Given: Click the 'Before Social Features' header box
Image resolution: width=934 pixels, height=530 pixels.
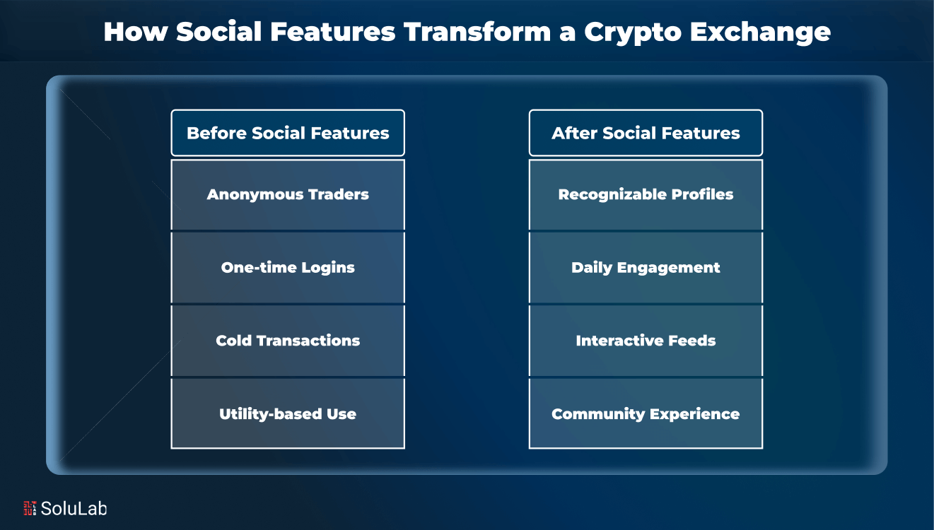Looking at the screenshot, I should pos(288,133).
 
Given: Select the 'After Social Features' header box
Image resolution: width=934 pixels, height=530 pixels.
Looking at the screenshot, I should pos(646,133).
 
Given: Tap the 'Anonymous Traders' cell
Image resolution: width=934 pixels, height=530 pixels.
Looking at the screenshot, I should pos(288,194).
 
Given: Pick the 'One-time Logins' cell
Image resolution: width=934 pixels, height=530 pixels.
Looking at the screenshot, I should pos(288,268).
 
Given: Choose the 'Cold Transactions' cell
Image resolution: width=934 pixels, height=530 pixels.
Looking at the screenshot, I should pos(288,341).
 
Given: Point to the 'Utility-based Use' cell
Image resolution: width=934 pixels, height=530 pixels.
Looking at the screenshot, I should pos(288,414).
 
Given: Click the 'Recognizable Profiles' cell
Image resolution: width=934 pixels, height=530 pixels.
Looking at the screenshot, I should pos(646,194).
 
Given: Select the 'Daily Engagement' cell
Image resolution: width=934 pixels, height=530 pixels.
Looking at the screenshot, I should pos(646,268).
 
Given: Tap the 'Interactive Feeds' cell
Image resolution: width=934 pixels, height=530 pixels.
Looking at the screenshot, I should pos(646,341).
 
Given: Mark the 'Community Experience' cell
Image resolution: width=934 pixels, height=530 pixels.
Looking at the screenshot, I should pos(646,414).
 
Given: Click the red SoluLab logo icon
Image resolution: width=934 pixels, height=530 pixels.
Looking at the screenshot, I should pos(30,508).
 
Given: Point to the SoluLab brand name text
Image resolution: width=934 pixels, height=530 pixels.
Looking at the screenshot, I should pos(74,508).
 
